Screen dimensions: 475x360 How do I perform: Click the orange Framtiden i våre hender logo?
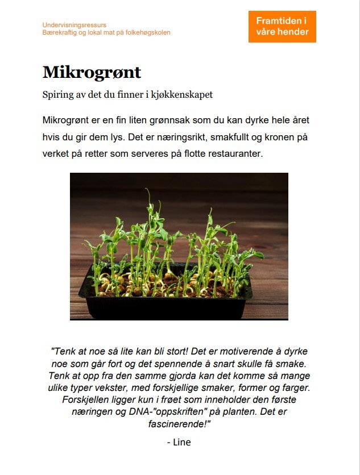coord(282,26)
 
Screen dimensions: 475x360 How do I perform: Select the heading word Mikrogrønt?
coord(92,73)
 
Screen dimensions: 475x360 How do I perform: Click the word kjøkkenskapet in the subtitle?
coord(183,95)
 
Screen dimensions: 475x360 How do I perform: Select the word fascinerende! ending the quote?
coord(179,424)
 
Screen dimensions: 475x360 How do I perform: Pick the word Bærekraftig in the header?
coord(58,32)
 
